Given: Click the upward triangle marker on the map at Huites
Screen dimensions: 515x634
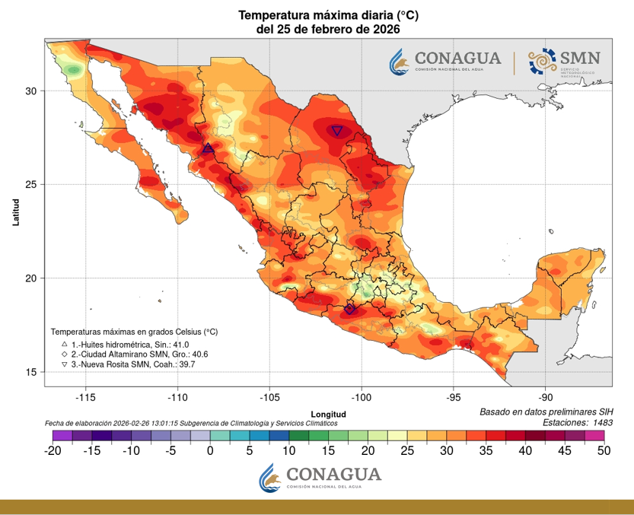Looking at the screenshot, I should tap(209, 148).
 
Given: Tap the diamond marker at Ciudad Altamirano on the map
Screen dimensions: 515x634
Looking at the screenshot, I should tap(350, 309).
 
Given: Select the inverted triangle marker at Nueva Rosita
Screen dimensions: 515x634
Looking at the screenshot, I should tap(337, 131).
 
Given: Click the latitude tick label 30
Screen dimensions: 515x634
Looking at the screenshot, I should tap(31, 91).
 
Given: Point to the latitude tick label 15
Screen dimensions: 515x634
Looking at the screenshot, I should tap(31, 372).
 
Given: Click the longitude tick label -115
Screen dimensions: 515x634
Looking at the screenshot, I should tap(85, 397).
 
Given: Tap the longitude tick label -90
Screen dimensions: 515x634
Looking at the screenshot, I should tap(546, 397).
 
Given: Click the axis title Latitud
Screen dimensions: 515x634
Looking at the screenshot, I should tap(15, 211).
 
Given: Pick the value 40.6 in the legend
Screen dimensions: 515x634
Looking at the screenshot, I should tap(198, 354).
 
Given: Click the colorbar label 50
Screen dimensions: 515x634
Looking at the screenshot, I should tap(604, 450).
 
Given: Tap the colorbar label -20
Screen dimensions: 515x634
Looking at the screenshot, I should tap(53, 450).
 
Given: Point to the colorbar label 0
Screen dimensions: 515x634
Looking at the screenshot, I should tap(210, 450).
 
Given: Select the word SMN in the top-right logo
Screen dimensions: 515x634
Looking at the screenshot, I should tap(581, 58).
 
